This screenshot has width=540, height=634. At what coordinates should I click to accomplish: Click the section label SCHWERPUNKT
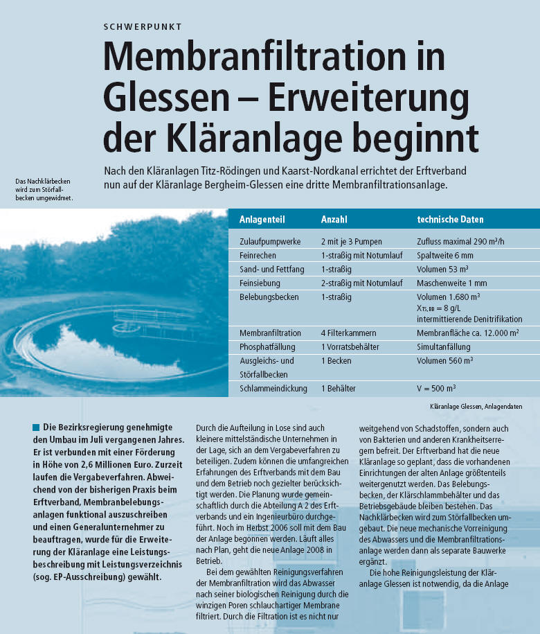(x=143, y=27)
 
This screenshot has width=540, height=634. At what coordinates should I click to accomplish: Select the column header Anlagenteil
(x=262, y=220)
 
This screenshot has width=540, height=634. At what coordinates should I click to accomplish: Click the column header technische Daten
(x=450, y=220)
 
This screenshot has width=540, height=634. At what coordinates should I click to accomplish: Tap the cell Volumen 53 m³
(x=443, y=270)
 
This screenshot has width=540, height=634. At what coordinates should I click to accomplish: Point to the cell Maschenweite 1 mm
(x=452, y=283)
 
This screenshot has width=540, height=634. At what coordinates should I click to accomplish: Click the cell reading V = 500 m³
(x=436, y=389)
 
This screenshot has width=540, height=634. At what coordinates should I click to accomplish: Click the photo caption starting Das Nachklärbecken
(x=43, y=189)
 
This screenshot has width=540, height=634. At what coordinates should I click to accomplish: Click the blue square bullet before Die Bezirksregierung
(x=36, y=427)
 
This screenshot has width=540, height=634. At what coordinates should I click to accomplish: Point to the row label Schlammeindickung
(x=273, y=389)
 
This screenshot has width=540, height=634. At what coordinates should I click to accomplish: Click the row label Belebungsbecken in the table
(x=269, y=297)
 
